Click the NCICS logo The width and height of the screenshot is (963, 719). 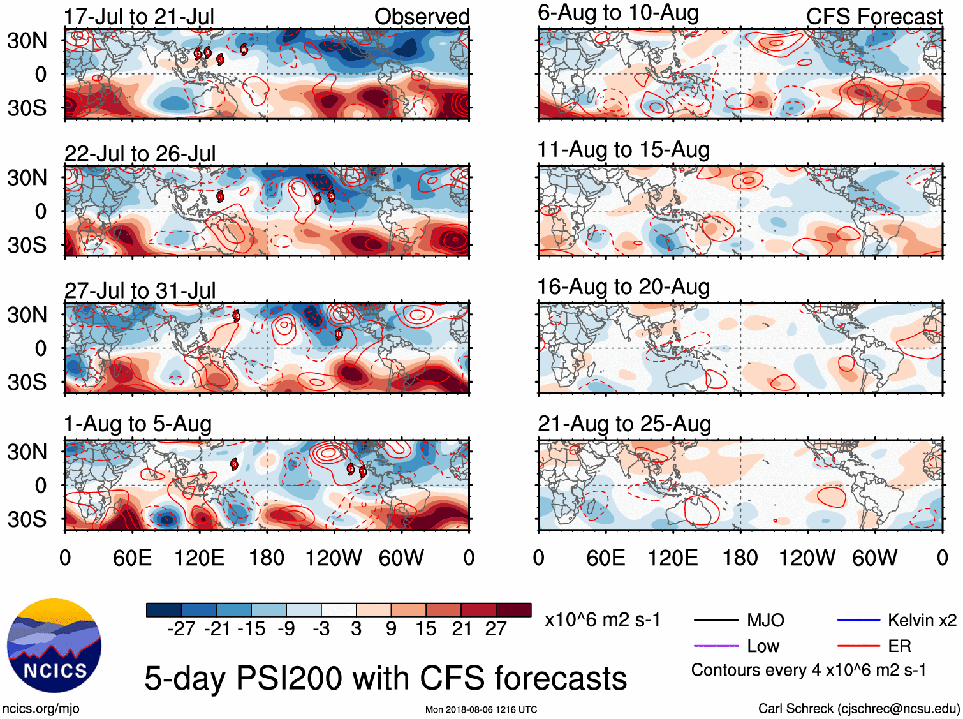tap(54, 646)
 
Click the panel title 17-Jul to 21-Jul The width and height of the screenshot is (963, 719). tap(139, 17)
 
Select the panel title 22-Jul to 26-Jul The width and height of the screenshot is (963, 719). tap(140, 154)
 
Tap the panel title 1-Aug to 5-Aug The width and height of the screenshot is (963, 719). tap(137, 424)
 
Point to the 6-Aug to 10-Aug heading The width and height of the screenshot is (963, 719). tap(618, 13)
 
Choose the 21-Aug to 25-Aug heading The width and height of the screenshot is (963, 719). tap(624, 424)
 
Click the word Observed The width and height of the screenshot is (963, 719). tap(422, 17)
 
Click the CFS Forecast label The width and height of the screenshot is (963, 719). tap(874, 17)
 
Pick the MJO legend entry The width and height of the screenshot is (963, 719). tap(765, 620)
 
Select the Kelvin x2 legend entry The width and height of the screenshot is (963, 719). tap(922, 620)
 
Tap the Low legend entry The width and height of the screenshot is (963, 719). tap(763, 646)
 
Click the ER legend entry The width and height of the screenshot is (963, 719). tap(899, 646)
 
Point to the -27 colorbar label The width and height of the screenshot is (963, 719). tap(181, 629)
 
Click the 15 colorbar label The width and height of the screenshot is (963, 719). tap(425, 629)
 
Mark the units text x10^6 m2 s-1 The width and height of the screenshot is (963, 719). tap(603, 620)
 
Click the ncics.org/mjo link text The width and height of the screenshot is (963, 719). tap(41, 708)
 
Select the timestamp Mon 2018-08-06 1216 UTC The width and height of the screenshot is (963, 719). tap(481, 709)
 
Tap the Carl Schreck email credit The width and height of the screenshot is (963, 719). tap(858, 708)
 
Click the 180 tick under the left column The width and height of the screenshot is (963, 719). tap(267, 558)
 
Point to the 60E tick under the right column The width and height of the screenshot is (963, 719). tap(605, 558)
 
